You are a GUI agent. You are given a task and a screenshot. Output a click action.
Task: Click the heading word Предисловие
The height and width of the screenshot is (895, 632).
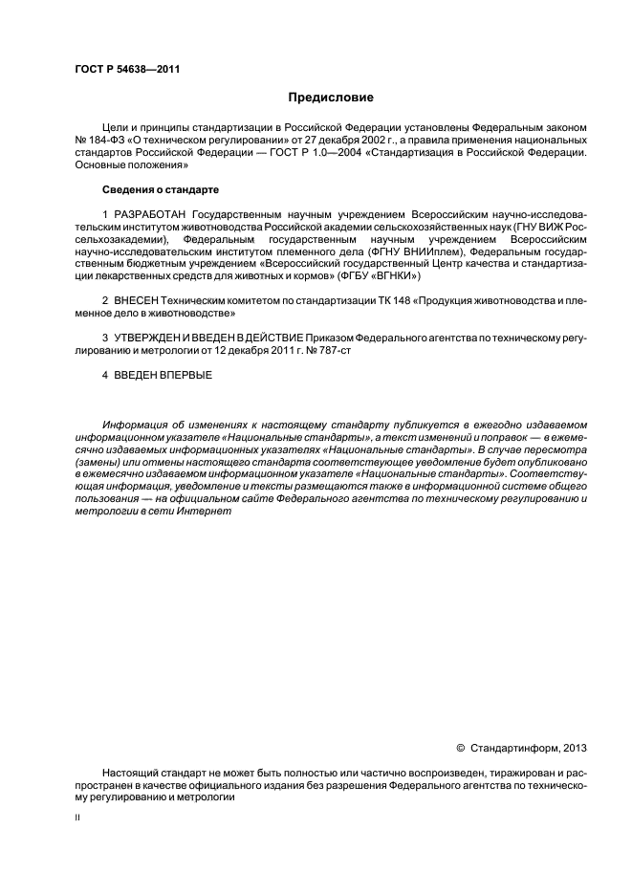331,98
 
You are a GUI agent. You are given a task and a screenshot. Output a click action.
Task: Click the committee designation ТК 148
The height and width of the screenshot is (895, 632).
368,301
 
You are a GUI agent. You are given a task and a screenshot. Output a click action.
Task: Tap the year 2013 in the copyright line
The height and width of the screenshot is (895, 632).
575,749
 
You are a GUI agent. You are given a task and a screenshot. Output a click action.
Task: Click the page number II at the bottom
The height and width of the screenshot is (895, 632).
77,819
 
